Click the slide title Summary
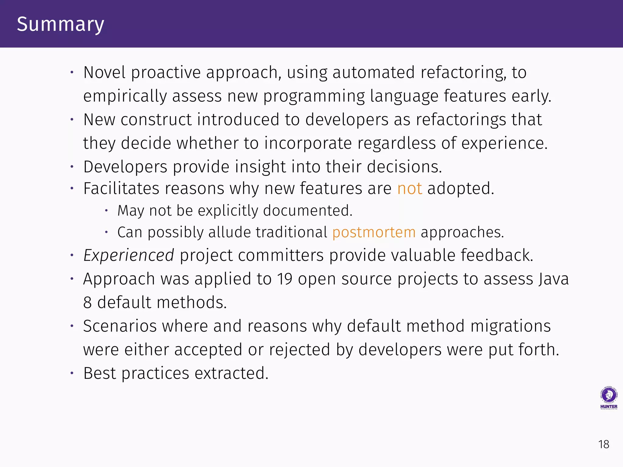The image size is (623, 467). click(x=61, y=24)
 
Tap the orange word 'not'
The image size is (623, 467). click(x=409, y=189)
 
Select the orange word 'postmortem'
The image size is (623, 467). click(x=374, y=233)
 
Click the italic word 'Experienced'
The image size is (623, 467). click(x=129, y=255)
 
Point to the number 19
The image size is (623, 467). click(x=284, y=279)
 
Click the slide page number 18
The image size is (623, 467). click(x=604, y=445)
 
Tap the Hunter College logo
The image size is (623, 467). click(x=608, y=398)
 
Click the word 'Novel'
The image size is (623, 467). click(x=104, y=73)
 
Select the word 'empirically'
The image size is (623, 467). click(x=125, y=96)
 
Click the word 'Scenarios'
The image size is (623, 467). click(x=120, y=326)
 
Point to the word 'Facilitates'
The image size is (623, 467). click(x=121, y=189)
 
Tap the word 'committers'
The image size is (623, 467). click(x=281, y=255)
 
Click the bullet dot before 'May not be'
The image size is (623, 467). click(x=106, y=210)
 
